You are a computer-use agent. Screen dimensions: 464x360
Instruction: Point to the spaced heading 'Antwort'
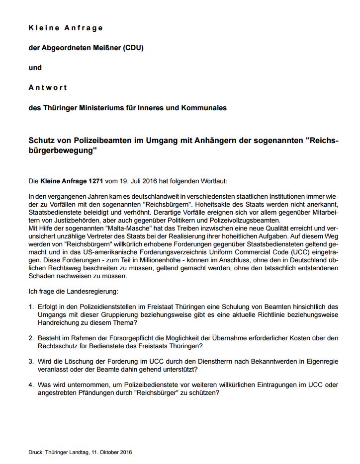[x=48, y=87]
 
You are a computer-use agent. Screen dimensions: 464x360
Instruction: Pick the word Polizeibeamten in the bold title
[x=100, y=141]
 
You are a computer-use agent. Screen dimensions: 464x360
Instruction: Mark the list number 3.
[x=31, y=361]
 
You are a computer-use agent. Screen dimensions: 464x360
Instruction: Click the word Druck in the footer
[x=35, y=452]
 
